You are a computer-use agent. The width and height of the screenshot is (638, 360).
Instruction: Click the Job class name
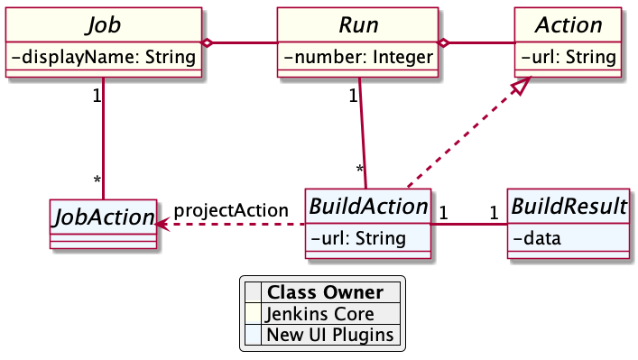click(104, 24)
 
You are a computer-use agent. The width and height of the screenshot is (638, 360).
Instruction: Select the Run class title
click(358, 24)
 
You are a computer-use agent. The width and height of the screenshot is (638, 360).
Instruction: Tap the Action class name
click(569, 24)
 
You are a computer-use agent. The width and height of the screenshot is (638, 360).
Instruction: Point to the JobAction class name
click(101, 217)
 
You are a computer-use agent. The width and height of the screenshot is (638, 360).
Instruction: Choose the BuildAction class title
click(368, 207)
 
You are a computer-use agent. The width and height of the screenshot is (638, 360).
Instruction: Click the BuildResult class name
click(569, 207)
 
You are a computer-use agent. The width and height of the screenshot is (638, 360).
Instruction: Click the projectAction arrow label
click(231, 210)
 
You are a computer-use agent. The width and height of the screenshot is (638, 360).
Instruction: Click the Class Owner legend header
click(326, 292)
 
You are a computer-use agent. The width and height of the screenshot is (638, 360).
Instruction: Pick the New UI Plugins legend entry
click(329, 335)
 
